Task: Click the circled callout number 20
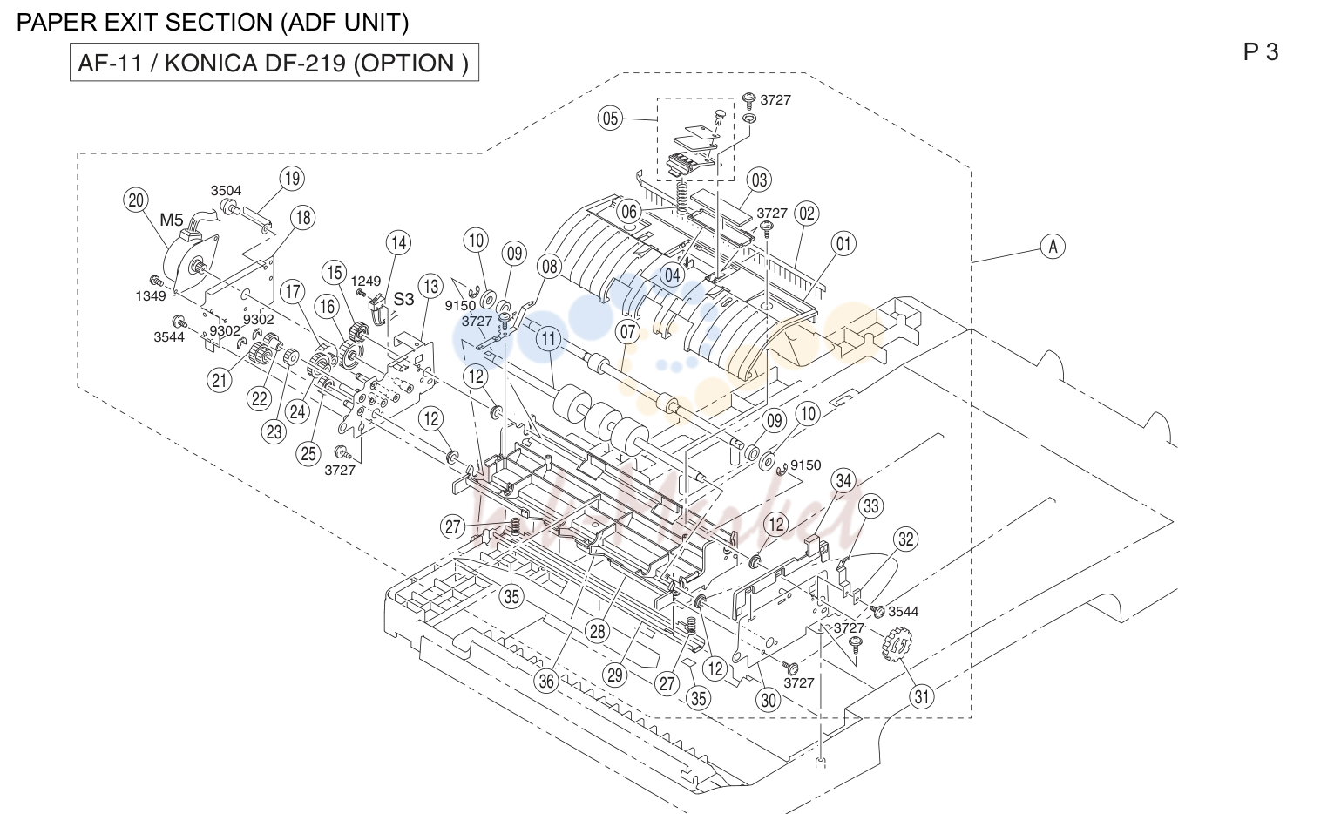click(x=136, y=200)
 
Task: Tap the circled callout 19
click(x=292, y=179)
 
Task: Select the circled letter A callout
click(x=1053, y=246)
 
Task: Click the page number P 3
click(x=1260, y=52)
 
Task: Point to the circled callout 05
click(x=610, y=118)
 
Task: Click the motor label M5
click(x=171, y=220)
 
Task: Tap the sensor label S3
click(x=403, y=299)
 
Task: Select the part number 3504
click(x=226, y=191)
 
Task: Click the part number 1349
click(x=150, y=295)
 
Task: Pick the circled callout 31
click(x=922, y=696)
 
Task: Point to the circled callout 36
click(x=546, y=681)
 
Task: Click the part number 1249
click(x=365, y=281)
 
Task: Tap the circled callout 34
click(x=843, y=480)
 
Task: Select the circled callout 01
click(x=843, y=244)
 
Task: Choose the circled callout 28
click(x=597, y=631)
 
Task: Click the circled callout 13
click(x=431, y=287)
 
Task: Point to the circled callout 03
click(x=759, y=180)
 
